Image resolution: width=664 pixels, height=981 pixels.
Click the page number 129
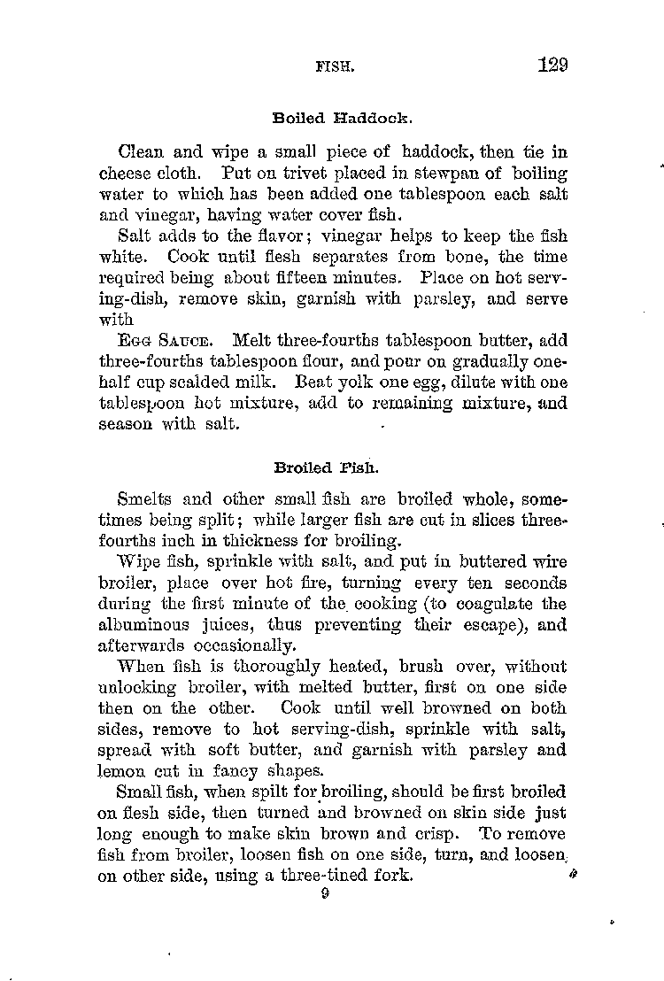click(551, 65)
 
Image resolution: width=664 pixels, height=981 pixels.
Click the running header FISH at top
click(334, 66)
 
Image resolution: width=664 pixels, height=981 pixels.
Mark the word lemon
click(120, 769)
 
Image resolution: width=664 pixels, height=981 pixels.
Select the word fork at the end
click(394, 875)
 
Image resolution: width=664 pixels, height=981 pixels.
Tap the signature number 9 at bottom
click(327, 894)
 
